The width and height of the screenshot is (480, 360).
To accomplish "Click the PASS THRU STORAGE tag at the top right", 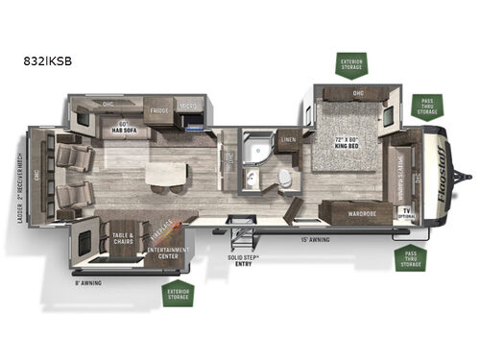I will [427, 105].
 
